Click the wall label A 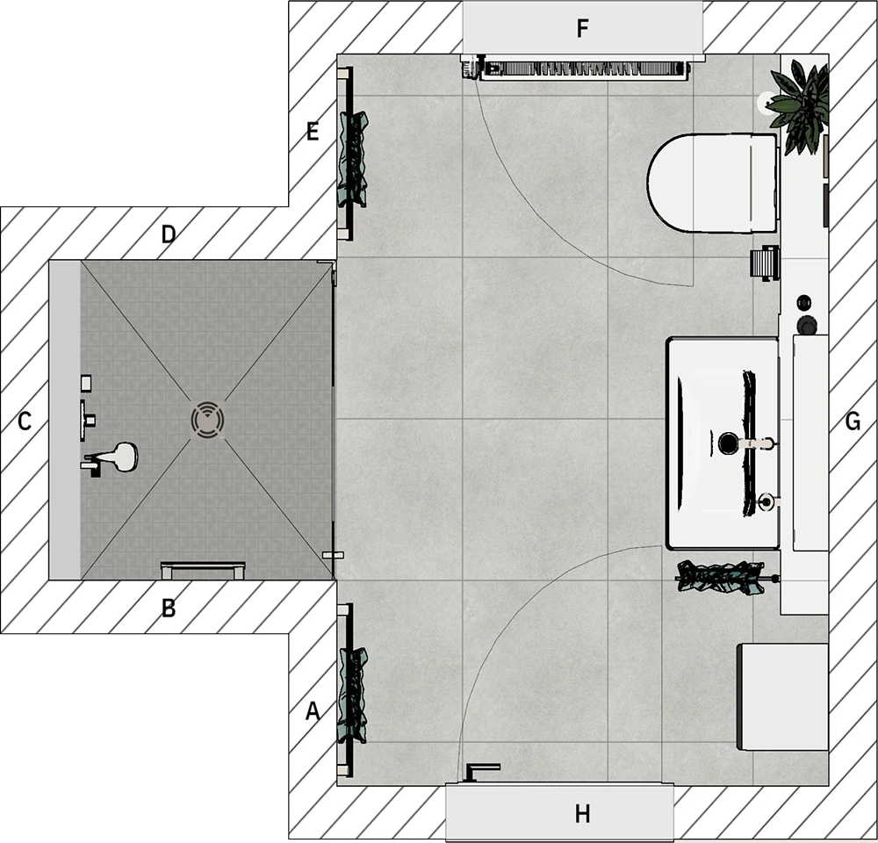coord(313,710)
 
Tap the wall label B coord(168,608)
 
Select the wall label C coord(24,421)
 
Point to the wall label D coord(168,234)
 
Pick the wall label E coord(313,132)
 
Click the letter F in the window coord(582,27)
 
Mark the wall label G coord(853,421)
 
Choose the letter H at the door coord(582,813)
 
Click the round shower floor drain coord(208,419)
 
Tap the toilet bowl coord(712,183)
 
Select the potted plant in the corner coord(798,106)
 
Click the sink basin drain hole coord(728,443)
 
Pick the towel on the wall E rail coord(353,160)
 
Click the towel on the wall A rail coord(353,695)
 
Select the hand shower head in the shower coord(119,457)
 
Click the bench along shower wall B coord(203,570)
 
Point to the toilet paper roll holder coord(765,263)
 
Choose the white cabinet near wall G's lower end coord(783,696)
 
